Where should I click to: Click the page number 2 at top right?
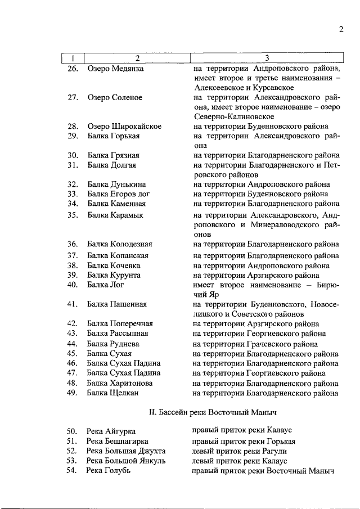[x=341, y=30]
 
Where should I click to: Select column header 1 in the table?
[x=72, y=58]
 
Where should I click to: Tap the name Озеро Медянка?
[x=115, y=69]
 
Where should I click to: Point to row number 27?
[x=72, y=97]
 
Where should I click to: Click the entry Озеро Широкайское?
[x=124, y=126]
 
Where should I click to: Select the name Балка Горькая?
[x=113, y=136]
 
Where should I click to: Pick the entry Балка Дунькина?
[x=116, y=184]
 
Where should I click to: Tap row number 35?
[x=72, y=215]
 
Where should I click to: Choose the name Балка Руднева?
[x=115, y=344]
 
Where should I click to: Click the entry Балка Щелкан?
[x=112, y=393]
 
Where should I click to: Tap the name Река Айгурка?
[x=111, y=431]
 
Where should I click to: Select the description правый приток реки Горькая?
[x=244, y=441]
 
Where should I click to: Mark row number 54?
[x=71, y=470]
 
